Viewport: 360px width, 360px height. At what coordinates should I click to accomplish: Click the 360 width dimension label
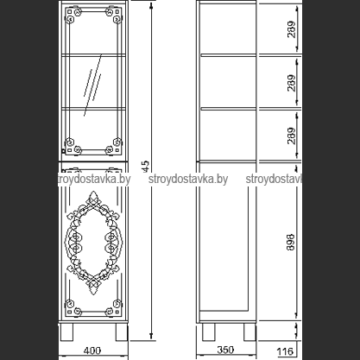tap(226, 351)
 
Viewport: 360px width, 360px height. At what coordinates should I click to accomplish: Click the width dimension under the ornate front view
tap(95, 351)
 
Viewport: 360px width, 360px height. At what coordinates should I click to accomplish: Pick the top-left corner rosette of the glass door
tap(73, 13)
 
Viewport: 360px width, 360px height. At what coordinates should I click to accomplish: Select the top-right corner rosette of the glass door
tap(115, 13)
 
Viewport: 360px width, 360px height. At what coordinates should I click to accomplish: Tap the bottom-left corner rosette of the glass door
tap(73, 143)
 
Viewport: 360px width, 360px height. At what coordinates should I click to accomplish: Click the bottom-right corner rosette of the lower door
tap(115, 306)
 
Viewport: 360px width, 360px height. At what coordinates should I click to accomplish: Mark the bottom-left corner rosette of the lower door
tap(73, 306)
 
